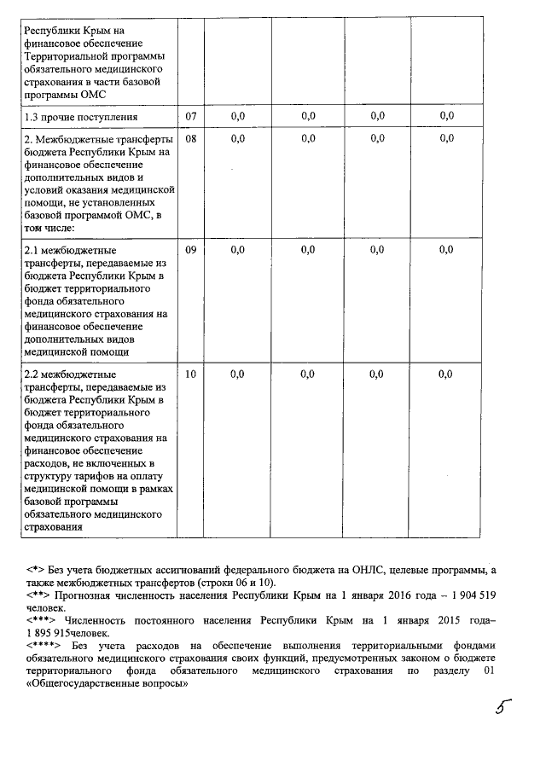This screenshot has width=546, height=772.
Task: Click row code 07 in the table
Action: (x=190, y=115)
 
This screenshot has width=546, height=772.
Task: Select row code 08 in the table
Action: (x=190, y=138)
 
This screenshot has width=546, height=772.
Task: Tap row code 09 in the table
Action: (x=190, y=249)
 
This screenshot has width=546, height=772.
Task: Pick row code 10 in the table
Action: (x=190, y=374)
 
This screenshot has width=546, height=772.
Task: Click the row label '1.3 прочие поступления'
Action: (x=81, y=115)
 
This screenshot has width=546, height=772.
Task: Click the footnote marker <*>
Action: (x=35, y=568)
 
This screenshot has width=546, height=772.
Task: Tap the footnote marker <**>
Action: (x=38, y=594)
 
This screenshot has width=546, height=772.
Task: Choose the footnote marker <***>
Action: (x=41, y=620)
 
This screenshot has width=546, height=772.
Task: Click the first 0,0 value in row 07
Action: (x=238, y=115)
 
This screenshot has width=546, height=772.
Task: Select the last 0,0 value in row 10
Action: (x=445, y=374)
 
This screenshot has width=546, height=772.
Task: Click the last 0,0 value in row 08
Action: (x=445, y=138)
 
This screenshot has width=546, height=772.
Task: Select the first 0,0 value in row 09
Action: (x=238, y=249)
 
